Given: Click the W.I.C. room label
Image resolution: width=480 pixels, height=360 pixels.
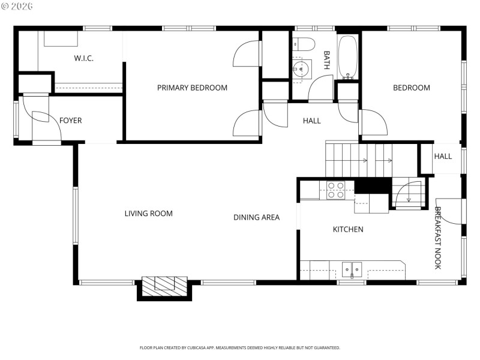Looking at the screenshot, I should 83,58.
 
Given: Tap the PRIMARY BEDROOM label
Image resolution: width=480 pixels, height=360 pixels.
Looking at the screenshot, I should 192,88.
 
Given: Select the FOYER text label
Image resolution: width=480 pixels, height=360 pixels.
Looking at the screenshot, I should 70,121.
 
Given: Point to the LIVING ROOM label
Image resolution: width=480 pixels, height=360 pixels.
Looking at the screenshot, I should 148,213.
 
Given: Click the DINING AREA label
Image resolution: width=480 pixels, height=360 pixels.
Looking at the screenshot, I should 256,217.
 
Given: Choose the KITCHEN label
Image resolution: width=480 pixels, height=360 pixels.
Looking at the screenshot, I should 348,229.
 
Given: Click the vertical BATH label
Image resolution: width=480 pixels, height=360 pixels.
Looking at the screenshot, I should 326,60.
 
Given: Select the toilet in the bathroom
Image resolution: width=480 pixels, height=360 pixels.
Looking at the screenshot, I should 304,44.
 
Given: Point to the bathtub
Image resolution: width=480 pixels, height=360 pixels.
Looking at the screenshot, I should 348,58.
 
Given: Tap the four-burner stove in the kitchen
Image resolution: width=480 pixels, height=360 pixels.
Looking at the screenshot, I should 336,190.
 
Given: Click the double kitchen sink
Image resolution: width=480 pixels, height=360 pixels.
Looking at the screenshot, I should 352,270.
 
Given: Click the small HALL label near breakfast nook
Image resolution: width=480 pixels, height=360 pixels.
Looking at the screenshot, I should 443,157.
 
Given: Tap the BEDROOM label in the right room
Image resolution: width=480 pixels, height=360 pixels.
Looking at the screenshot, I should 411,88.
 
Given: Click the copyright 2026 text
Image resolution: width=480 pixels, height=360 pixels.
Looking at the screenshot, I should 18,6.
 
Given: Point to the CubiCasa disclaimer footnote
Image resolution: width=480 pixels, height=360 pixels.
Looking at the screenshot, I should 240,347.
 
